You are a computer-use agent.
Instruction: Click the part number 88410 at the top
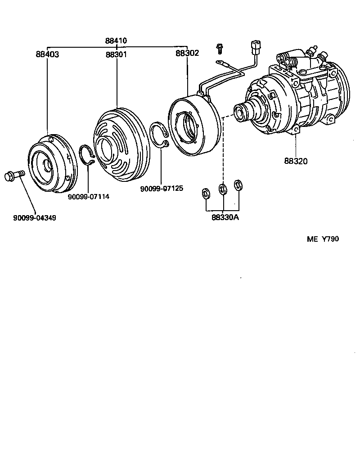(116, 41)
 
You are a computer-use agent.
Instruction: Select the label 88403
(47, 54)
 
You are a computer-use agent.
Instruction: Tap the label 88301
(116, 54)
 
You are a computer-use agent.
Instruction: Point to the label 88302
(187, 53)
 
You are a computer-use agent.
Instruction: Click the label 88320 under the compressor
(296, 161)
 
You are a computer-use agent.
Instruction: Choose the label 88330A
(225, 218)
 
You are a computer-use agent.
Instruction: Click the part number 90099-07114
(89, 197)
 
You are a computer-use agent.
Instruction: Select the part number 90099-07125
(162, 188)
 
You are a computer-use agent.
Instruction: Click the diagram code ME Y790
(323, 239)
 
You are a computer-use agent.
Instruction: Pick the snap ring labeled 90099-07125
(159, 135)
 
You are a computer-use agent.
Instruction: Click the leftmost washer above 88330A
(206, 194)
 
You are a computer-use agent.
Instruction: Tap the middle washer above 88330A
(222, 189)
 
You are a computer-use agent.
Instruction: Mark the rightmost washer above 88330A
(238, 185)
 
